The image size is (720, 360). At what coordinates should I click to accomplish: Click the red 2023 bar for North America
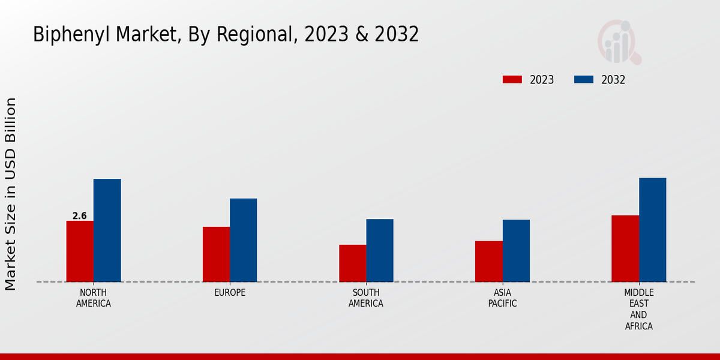(80, 251)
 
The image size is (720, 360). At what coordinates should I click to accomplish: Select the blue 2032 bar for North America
(107, 230)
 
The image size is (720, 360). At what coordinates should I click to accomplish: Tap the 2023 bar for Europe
(216, 254)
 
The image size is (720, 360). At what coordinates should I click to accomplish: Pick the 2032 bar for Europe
(243, 240)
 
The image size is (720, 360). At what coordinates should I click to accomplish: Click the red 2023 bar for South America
(352, 263)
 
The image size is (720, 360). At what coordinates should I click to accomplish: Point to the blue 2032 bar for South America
(380, 250)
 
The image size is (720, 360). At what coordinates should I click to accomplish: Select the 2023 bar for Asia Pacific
(488, 262)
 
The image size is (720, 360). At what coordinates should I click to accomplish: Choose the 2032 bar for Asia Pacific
(516, 251)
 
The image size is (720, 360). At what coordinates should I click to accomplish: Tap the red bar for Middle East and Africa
(625, 248)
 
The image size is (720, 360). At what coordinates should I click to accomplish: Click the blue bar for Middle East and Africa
(652, 230)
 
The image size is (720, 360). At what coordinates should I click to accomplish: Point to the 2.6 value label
(79, 216)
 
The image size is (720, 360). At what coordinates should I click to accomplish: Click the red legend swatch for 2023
(512, 80)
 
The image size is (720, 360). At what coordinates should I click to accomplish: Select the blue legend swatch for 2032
(584, 80)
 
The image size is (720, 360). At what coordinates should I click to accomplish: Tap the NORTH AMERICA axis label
(94, 298)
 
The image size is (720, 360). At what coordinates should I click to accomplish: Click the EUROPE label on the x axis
(230, 293)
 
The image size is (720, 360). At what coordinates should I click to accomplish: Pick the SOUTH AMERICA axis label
(366, 298)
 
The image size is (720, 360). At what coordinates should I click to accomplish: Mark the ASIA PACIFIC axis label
(502, 298)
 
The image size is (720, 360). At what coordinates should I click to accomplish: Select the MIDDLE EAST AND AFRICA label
(638, 309)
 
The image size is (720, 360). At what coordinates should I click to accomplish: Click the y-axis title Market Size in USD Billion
(11, 194)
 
